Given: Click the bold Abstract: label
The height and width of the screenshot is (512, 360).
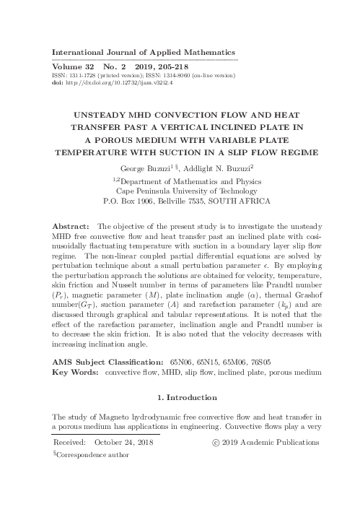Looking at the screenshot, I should point(74,226).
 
